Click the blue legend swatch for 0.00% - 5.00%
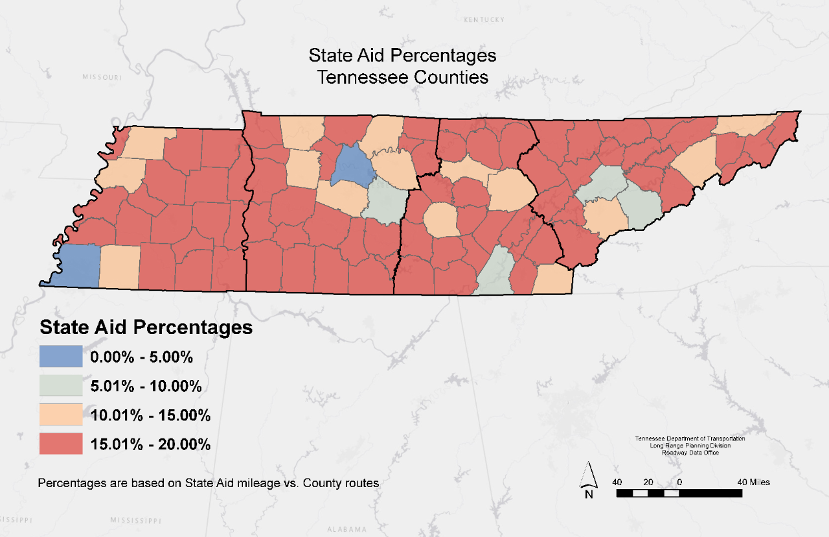click(61, 356)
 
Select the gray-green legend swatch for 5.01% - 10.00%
click(61, 386)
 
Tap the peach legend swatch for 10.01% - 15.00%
click(61, 415)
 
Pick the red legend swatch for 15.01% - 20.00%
click(61, 444)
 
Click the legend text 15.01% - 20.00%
click(150, 444)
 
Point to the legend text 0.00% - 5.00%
click(142, 357)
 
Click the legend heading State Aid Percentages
click(146, 327)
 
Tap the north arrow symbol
click(589, 479)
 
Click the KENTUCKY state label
click(484, 20)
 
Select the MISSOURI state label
click(102, 77)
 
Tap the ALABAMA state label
click(347, 529)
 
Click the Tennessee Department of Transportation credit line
click(690, 439)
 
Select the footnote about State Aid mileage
click(208, 483)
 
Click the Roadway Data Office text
click(690, 453)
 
